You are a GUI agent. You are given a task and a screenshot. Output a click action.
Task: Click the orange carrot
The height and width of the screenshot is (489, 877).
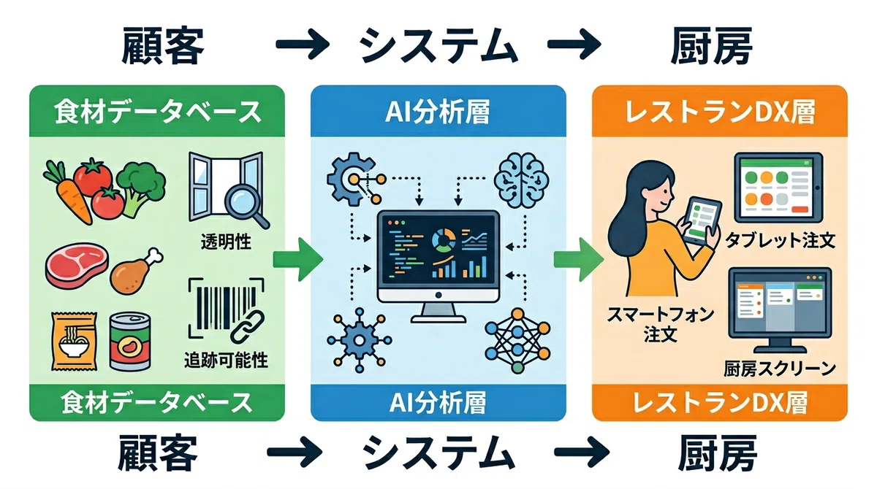pyautogui.click(x=70, y=196)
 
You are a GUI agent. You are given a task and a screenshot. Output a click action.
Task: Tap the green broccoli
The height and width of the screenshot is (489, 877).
pyautogui.click(x=141, y=188)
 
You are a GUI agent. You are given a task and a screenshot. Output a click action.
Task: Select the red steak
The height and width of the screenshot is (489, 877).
pyautogui.click(x=76, y=266)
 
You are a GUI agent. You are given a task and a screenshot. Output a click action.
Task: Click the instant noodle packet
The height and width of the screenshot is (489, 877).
pyautogui.click(x=74, y=342)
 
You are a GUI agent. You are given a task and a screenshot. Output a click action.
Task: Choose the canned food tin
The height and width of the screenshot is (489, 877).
pyautogui.click(x=129, y=342)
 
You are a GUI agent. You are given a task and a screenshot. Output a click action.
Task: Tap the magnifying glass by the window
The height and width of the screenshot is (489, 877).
pyautogui.click(x=246, y=207)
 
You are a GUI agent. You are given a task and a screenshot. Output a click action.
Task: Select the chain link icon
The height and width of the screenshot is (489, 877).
pyautogui.click(x=248, y=326)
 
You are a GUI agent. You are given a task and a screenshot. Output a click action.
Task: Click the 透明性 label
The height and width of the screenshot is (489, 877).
pyautogui.click(x=226, y=242)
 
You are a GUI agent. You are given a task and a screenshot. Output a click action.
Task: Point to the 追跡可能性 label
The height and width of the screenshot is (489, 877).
pyautogui.click(x=226, y=361)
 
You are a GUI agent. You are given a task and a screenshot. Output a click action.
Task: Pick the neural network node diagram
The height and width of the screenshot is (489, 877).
pyautogui.click(x=517, y=340)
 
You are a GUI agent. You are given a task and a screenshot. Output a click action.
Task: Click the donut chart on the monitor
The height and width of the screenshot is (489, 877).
pyautogui.click(x=444, y=239)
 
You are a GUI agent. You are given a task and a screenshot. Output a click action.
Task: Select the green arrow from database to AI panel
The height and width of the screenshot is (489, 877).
pyautogui.click(x=298, y=259)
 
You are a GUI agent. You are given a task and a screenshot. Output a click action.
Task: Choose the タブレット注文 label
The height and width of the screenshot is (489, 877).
pyautogui.click(x=780, y=240)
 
